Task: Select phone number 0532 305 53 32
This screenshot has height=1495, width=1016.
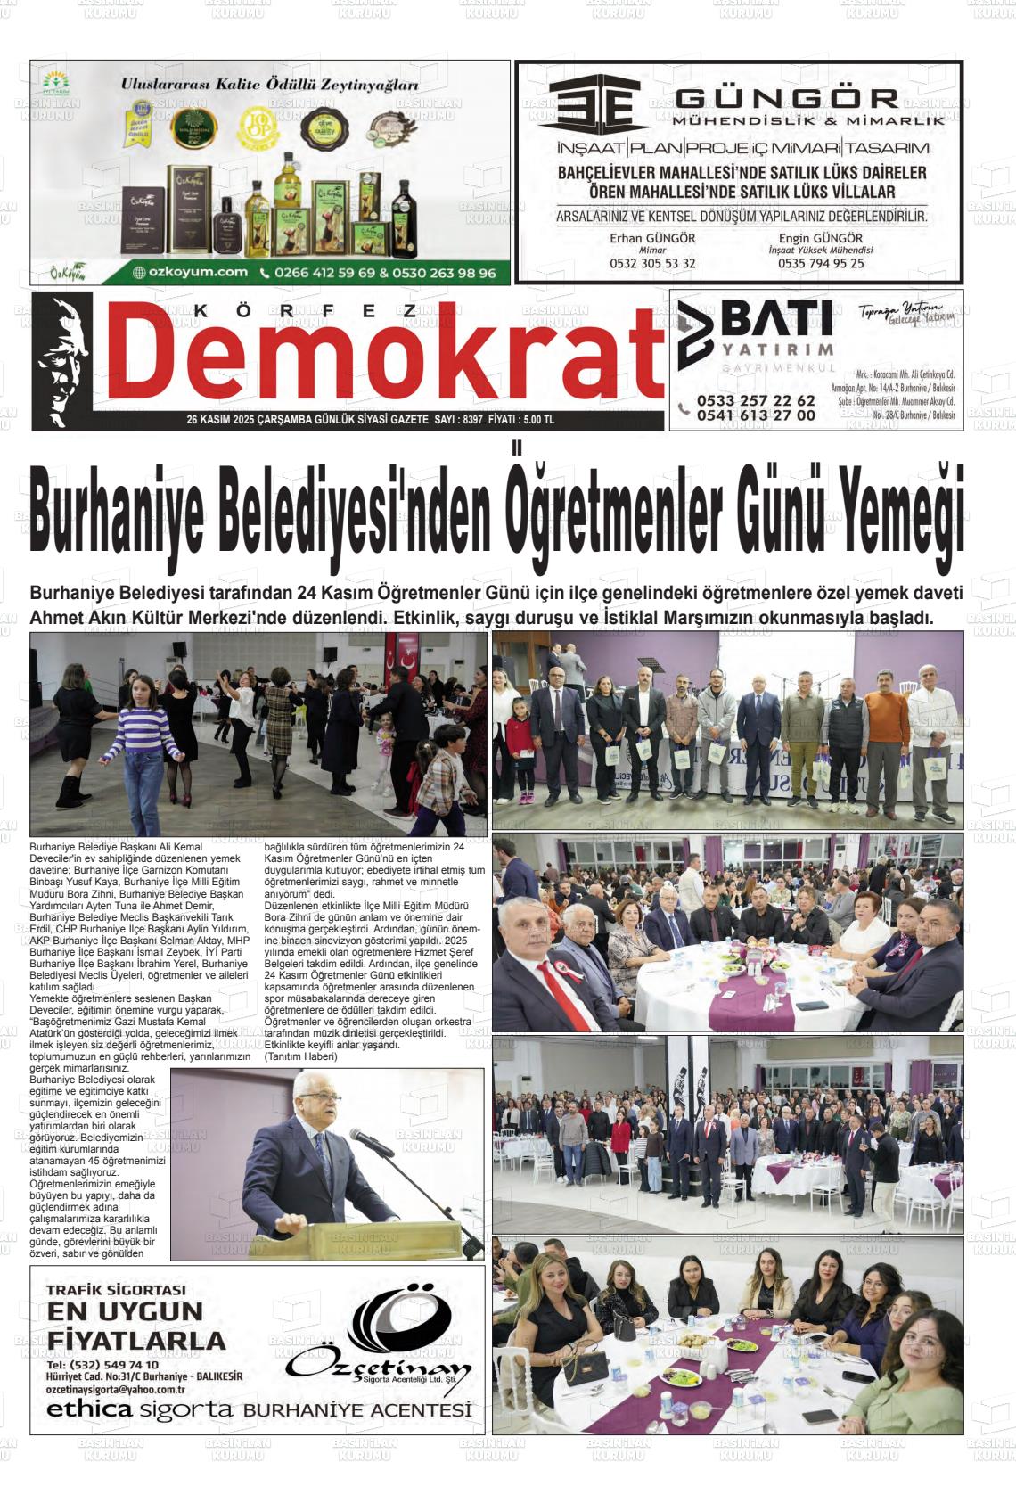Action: point(652,264)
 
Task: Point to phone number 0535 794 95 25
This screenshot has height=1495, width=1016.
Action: point(821,264)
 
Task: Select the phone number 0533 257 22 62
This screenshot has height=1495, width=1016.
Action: point(756,400)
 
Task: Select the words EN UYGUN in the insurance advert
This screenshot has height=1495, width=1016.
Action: point(125,1311)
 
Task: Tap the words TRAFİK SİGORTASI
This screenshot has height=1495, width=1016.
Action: point(116,1289)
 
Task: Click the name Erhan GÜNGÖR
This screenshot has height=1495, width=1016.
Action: point(652,238)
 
